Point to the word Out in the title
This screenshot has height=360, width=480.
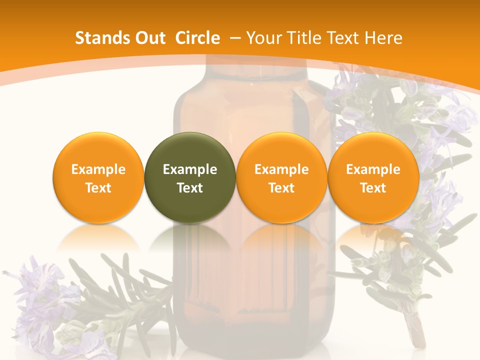coord(150,38)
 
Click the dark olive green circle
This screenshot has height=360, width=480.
coord(190,177)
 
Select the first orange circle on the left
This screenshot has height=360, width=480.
coord(98,177)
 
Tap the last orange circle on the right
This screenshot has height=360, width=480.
coord(373,177)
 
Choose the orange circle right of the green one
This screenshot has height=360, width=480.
coord(281,177)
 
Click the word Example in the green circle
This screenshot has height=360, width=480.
coord(190,169)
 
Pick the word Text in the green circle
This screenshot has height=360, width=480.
coord(190,188)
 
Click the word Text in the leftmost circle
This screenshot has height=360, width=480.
coord(98,188)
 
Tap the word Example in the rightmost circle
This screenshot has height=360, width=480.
coord(373,169)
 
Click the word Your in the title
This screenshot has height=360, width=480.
coord(265,38)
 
